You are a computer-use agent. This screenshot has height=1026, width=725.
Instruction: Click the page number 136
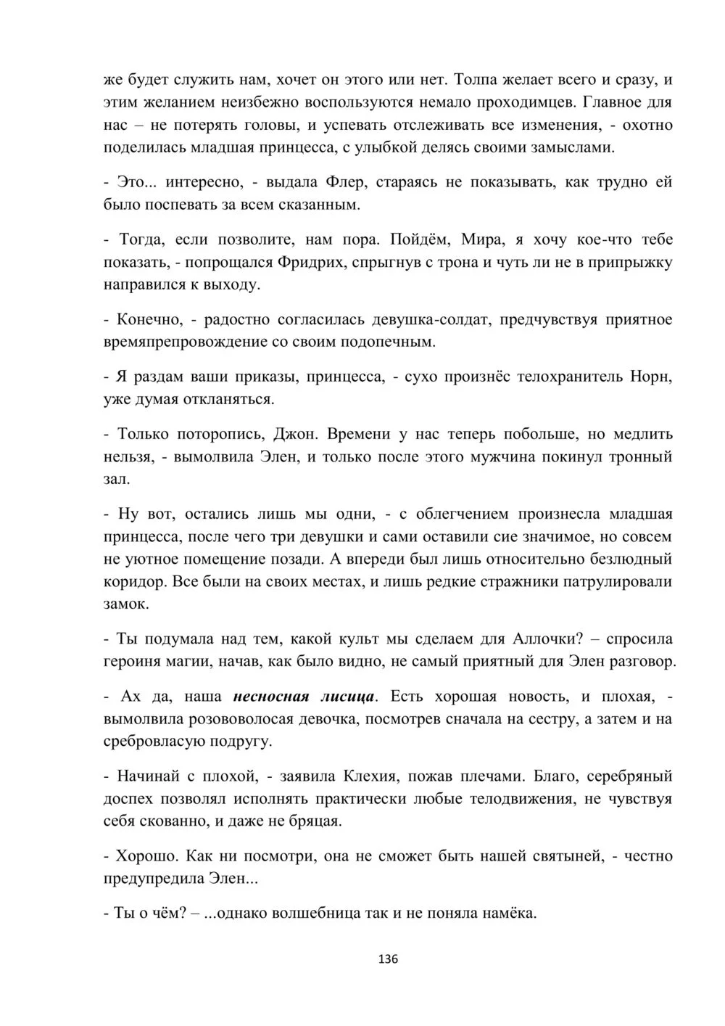[x=389, y=959]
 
